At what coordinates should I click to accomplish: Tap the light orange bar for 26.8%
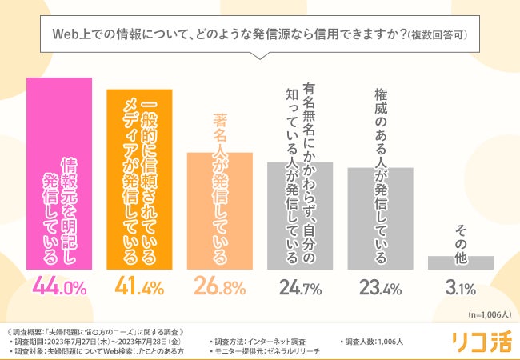[220, 211]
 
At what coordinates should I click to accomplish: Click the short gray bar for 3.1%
[460, 263]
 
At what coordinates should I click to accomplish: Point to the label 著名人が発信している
[220, 188]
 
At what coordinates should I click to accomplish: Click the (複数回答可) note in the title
[436, 35]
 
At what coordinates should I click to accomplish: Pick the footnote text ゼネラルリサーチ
[297, 350]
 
